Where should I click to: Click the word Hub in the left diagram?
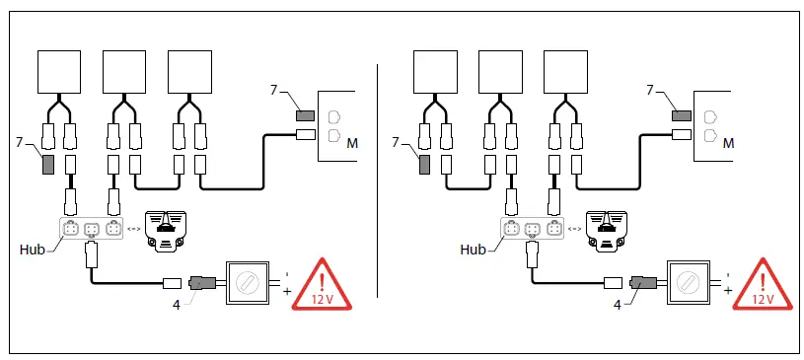[x=32, y=251]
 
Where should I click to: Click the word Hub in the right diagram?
[x=475, y=251]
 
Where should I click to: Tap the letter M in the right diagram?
[x=728, y=144]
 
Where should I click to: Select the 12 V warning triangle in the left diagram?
[x=318, y=284]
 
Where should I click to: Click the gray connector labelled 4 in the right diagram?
[x=644, y=284]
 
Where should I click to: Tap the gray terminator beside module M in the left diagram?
[x=305, y=116]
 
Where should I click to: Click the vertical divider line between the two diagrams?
[x=379, y=178]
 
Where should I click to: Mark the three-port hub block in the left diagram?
[x=90, y=231]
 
